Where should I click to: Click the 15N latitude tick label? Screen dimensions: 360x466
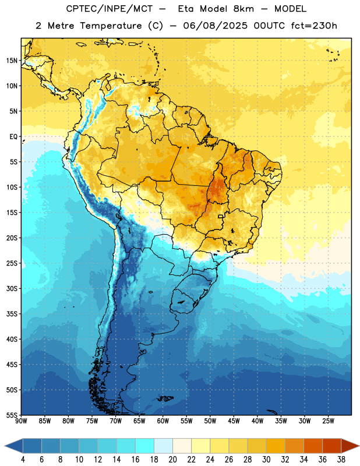pyautogui.click(x=12, y=61)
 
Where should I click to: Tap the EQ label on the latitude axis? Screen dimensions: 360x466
pyautogui.click(x=13, y=137)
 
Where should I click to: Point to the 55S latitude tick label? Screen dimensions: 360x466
pyautogui.click(x=12, y=415)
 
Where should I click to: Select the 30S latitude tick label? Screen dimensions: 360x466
pyautogui.click(x=12, y=288)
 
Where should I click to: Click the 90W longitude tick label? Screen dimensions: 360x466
pyautogui.click(x=21, y=421)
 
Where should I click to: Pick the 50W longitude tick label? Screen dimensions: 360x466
pyautogui.click(x=210, y=421)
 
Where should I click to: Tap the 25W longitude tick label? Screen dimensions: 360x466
pyautogui.click(x=328, y=421)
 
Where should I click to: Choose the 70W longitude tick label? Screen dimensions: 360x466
pyautogui.click(x=116, y=421)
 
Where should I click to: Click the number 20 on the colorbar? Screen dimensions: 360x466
pyautogui.click(x=172, y=460)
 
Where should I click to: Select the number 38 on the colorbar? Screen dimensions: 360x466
pyautogui.click(x=341, y=460)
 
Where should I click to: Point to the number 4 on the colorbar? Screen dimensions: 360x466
pyautogui.click(x=23, y=460)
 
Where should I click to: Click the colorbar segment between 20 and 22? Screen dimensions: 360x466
pyautogui.click(x=182, y=446)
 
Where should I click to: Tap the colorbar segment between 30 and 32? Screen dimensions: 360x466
pyautogui.click(x=276, y=446)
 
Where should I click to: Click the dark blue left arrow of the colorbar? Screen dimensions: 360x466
pyautogui.click(x=13, y=446)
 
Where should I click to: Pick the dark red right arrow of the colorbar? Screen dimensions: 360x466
pyautogui.click(x=351, y=446)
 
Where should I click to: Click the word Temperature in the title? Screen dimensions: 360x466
pyautogui.click(x=111, y=26)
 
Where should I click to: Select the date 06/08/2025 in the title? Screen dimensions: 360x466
pyautogui.click(x=215, y=26)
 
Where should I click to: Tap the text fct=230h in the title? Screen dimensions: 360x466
pyautogui.click(x=314, y=26)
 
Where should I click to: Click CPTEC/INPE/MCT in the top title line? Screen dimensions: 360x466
pyautogui.click(x=109, y=9)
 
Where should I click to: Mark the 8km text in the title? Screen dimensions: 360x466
pyautogui.click(x=243, y=9)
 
